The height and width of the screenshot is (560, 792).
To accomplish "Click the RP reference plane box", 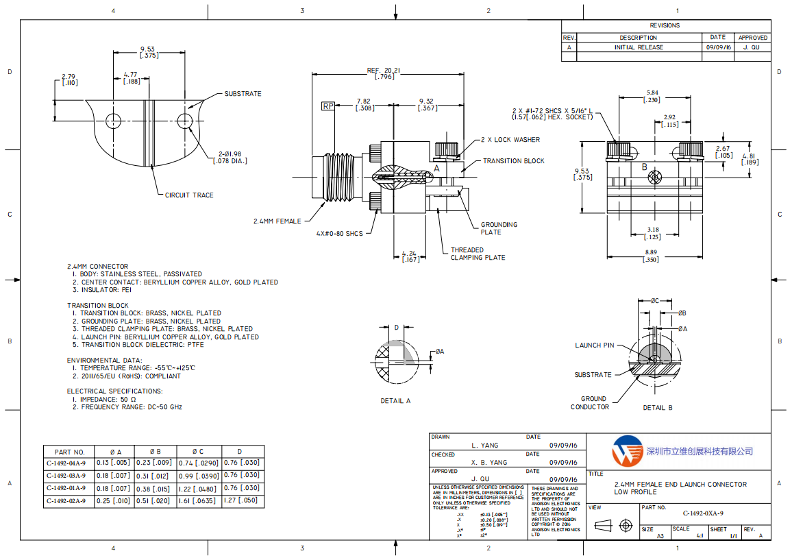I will pos(328,106).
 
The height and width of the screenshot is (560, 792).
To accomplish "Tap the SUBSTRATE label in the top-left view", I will pos(243,94).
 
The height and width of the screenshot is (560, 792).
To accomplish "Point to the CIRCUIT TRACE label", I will pos(189,195).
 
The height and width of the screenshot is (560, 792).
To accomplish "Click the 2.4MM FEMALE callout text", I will pos(277,221).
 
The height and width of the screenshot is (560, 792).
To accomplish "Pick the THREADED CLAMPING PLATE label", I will pos(478,254).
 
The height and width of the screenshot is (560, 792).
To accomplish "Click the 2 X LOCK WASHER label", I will pos(510,140).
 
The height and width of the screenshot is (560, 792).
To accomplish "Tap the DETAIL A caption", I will pos(395,401).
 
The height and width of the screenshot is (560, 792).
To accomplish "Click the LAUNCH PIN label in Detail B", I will pos(594,345).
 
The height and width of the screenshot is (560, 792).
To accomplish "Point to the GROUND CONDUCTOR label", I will pos(590,403).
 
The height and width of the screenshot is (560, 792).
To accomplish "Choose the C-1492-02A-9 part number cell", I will pos(66,501).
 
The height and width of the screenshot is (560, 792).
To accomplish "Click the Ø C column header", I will pos(198,452).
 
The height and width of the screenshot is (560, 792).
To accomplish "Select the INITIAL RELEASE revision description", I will pos(638,48).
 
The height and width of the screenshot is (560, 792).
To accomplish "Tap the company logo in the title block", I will pos(627,450).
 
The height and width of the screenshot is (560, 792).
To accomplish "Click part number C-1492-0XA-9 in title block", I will pos(702,513).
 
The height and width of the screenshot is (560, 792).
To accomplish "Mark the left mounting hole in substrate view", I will pos(112,121).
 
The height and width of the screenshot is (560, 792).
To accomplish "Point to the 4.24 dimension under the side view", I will pos(410,256).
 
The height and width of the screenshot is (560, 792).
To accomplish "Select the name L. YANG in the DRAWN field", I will pos(485,446).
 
